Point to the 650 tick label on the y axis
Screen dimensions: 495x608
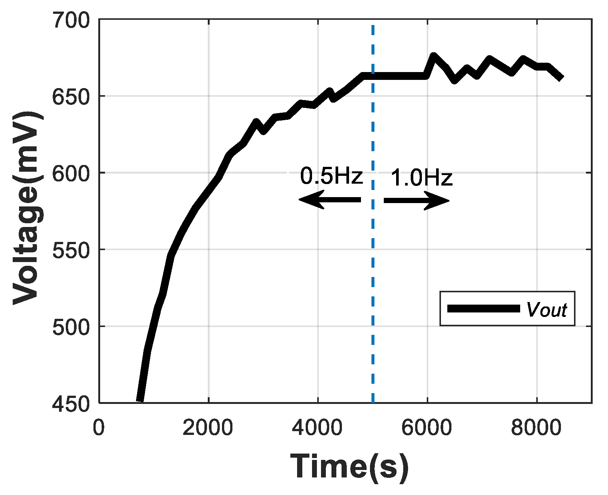tap(71, 97)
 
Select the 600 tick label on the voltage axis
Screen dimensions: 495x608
tap(71, 174)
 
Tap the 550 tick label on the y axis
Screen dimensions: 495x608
tap(71, 250)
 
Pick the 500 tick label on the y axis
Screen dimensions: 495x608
tap(71, 327)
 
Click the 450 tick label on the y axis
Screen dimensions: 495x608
tap(71, 404)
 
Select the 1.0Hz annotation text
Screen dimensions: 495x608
tap(422, 178)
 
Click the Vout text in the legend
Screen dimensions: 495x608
tap(546, 309)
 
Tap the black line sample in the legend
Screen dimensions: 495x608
tap(484, 309)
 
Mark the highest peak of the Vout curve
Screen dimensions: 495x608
tap(433, 56)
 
